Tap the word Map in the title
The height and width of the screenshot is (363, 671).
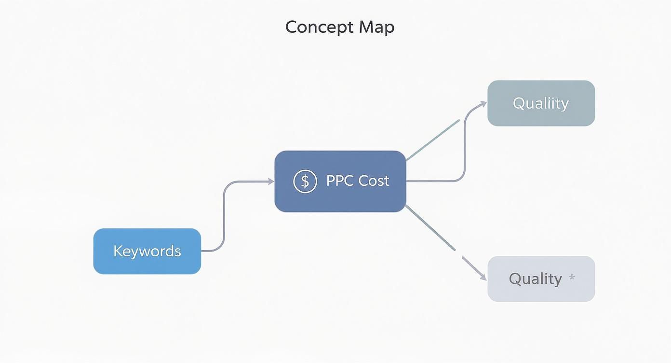(376, 27)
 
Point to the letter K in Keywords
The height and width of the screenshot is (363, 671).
(118, 251)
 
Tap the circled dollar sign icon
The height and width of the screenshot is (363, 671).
(305, 181)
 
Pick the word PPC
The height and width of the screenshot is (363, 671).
(340, 181)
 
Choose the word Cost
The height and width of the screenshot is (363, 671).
(374, 181)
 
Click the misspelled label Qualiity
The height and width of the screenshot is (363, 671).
(540, 103)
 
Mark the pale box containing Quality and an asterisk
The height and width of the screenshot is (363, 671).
(541, 292)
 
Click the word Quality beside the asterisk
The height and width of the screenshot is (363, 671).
(535, 279)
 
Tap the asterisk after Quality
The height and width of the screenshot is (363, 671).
(572, 278)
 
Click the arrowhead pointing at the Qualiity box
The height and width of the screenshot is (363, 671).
(483, 103)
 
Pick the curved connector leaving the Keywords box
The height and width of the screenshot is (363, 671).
(224, 217)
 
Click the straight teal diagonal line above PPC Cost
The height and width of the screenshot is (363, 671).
(433, 140)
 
